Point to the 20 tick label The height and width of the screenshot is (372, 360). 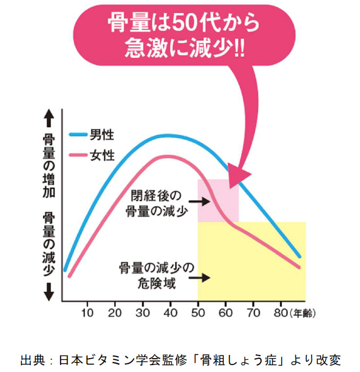(115, 312)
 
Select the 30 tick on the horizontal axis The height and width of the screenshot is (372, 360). (142, 312)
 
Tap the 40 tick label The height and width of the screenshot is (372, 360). (170, 312)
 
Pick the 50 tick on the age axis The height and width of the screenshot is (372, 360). (198, 312)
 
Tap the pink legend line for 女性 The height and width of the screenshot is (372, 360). (78, 155)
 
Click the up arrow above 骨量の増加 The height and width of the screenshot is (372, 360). (48, 118)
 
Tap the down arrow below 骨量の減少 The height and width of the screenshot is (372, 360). (48, 291)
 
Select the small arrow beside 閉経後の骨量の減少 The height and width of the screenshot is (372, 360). (199, 202)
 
